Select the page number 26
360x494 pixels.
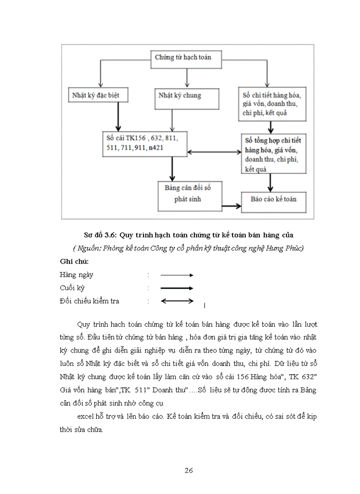click(x=188, y=470)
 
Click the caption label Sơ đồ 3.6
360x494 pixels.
click(x=101, y=235)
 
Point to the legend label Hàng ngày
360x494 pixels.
click(x=76, y=275)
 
